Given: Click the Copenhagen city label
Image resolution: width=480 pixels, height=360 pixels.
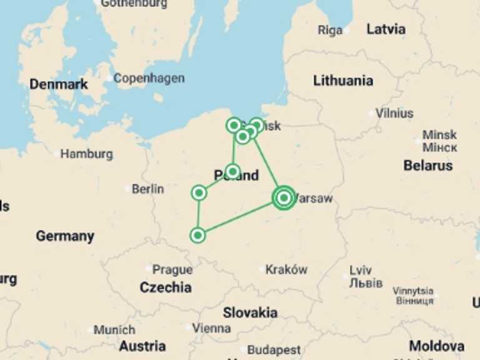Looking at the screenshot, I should pyautogui.click(x=149, y=79).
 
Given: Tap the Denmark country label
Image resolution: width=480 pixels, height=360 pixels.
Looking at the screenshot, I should pyautogui.click(x=59, y=84).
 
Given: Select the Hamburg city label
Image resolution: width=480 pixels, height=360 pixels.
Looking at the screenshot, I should pyautogui.click(x=87, y=154).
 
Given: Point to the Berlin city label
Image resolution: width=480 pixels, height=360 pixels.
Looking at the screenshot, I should pyautogui.click(x=148, y=189).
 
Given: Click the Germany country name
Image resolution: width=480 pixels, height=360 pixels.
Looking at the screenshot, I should pyautogui.click(x=65, y=236).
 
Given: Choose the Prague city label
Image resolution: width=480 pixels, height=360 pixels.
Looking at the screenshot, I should pyautogui.click(x=172, y=270).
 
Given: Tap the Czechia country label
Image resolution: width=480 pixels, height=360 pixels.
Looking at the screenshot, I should pyautogui.click(x=166, y=287).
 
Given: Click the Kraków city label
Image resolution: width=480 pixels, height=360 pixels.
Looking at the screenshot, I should pyautogui.click(x=286, y=270).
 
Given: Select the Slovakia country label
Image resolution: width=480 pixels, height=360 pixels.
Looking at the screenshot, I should pyautogui.click(x=250, y=312).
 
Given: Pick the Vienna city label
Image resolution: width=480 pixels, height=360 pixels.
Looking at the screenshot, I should pyautogui.click(x=211, y=328).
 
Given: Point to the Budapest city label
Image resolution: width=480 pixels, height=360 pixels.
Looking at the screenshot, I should pyautogui.click(x=274, y=350).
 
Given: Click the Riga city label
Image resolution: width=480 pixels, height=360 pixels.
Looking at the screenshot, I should pyautogui.click(x=330, y=30).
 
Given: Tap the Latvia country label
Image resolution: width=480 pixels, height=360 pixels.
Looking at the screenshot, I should pyautogui.click(x=386, y=29).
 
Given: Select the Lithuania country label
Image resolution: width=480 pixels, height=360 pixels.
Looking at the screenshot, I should pyautogui.click(x=343, y=81).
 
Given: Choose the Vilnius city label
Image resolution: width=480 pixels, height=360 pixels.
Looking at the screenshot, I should pyautogui.click(x=394, y=114).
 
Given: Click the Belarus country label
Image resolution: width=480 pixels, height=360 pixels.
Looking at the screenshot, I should pyautogui.click(x=428, y=166).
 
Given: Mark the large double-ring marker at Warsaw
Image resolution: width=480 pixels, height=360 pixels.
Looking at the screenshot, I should pyautogui.click(x=284, y=198).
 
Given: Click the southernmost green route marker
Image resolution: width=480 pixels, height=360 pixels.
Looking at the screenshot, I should pyautogui.click(x=197, y=236).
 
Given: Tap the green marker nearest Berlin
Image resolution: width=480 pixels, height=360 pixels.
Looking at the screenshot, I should pyautogui.click(x=199, y=193).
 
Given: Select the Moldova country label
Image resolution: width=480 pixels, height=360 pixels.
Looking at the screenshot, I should pyautogui.click(x=437, y=346).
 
